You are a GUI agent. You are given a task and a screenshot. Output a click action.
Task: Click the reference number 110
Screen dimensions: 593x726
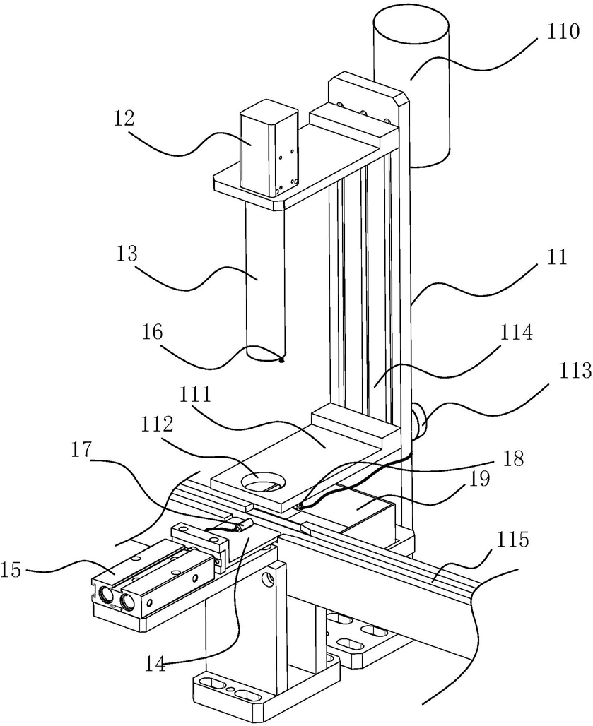[563, 32]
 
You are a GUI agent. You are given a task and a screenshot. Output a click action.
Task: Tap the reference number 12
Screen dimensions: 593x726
[123, 119]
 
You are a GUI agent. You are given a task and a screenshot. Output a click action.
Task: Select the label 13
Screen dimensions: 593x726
[127, 254]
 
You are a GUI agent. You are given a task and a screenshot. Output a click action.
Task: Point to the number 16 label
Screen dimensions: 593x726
[153, 332]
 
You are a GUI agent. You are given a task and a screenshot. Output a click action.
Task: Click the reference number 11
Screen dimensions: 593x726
[557, 256]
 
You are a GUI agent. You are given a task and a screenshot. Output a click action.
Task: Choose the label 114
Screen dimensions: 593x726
[516, 333]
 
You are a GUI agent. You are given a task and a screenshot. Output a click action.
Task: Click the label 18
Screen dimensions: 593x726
[512, 458]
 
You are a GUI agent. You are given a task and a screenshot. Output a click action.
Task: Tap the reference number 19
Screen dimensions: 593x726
[478, 480]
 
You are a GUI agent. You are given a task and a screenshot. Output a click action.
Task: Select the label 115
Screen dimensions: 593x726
[513, 540]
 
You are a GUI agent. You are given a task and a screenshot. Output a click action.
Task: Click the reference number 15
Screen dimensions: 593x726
[11, 570]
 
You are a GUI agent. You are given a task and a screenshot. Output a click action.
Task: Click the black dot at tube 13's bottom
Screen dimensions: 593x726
[281, 357]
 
